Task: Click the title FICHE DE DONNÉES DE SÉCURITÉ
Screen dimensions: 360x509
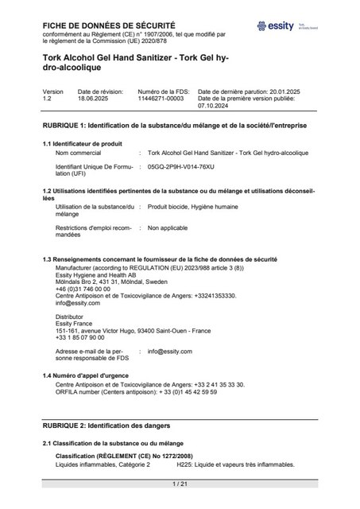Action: pyautogui.click(x=109, y=25)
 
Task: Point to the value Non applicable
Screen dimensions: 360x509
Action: pyautogui.click(x=167, y=227)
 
